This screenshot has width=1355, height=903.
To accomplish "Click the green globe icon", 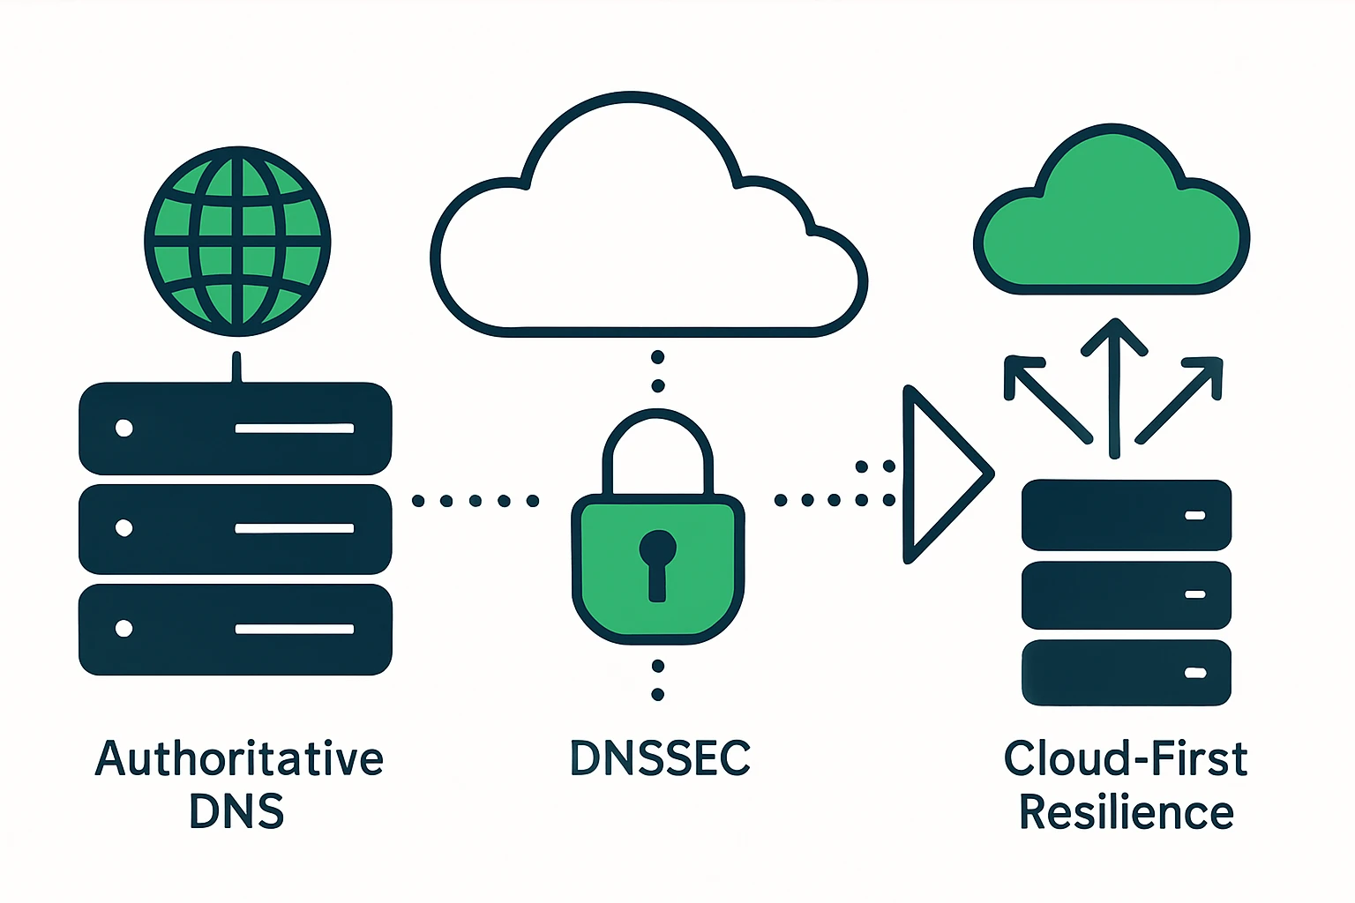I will click(x=237, y=241).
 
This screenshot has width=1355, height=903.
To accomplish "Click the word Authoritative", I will click(x=238, y=758).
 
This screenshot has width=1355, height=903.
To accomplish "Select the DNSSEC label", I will click(x=660, y=758).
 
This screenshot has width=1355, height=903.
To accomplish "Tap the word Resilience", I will click(x=1126, y=812).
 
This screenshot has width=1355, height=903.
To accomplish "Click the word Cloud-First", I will click(x=1126, y=758).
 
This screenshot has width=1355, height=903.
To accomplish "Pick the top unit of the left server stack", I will click(x=236, y=429).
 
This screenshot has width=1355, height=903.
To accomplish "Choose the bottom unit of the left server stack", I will click(x=236, y=629).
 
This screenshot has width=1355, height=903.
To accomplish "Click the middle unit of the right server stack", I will click(x=1126, y=594).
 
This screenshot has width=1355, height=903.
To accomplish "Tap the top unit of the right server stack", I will click(x=1126, y=515).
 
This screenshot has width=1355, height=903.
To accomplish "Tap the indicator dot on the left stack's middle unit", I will click(x=124, y=528).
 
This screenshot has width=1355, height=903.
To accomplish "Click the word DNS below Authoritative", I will click(x=236, y=812).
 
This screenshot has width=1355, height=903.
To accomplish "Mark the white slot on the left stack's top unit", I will click(x=294, y=429).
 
